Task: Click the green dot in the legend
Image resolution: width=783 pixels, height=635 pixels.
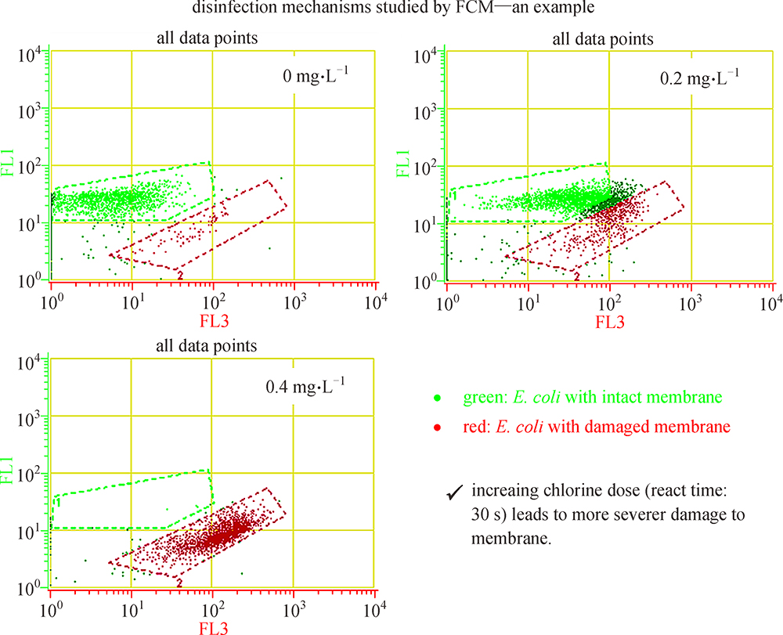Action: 437,398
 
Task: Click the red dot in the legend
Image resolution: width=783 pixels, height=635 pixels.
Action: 437,427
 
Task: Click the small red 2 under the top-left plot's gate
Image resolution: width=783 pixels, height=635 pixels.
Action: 180,276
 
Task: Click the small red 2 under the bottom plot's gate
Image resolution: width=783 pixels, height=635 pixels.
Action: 180,583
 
